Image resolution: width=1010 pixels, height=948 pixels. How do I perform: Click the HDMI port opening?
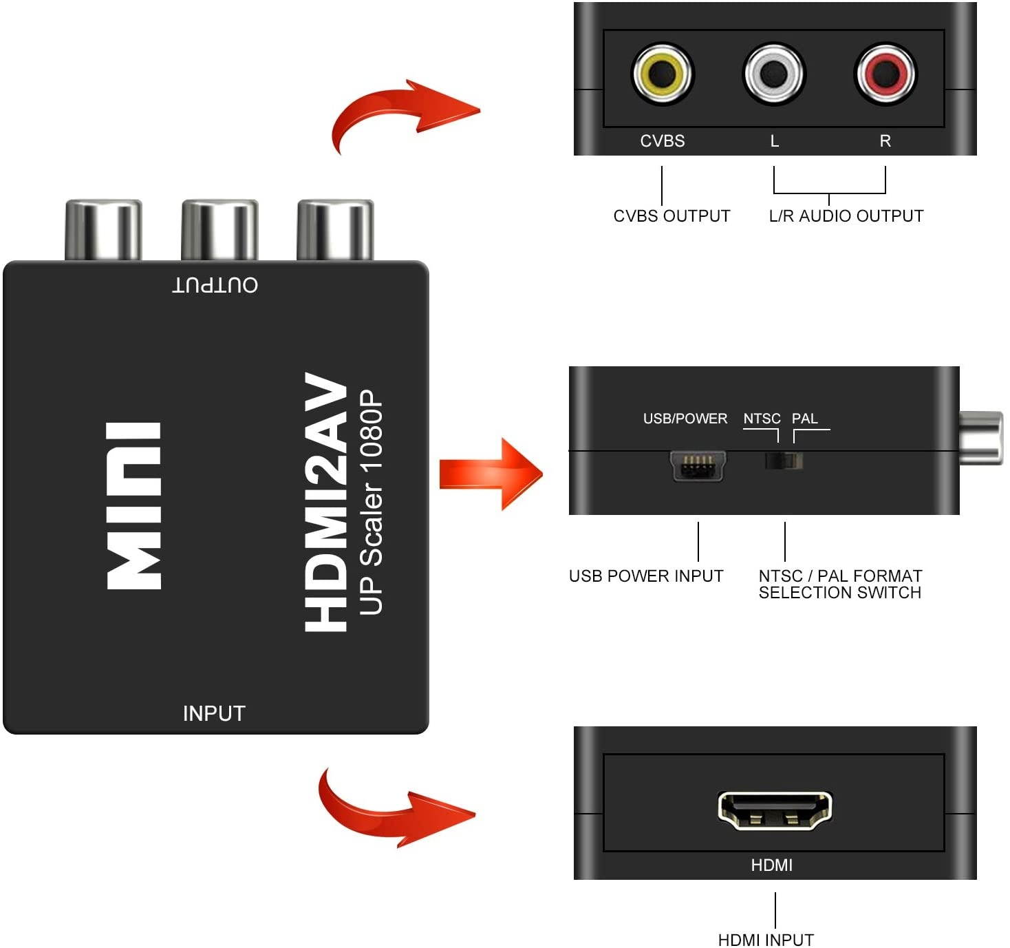click(x=774, y=809)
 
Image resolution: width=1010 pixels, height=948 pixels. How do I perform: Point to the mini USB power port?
click(x=698, y=467)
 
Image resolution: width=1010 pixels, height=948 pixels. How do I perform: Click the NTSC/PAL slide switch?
click(x=784, y=461)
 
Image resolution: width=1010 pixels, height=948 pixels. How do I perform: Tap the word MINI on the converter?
click(x=134, y=506)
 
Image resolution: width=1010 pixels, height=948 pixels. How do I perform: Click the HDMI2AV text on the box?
click(x=326, y=503)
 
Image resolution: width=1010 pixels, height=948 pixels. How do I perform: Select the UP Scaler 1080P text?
click(x=371, y=503)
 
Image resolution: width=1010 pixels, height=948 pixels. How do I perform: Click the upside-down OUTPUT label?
click(x=215, y=285)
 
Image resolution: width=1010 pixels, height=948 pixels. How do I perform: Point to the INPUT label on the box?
click(x=214, y=713)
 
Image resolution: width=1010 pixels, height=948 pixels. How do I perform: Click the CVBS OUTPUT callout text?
click(x=671, y=216)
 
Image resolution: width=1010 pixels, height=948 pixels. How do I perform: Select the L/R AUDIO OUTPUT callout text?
click(x=846, y=216)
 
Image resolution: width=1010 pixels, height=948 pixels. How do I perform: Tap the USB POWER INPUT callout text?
click(x=646, y=576)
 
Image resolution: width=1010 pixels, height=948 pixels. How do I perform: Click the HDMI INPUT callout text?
click(x=766, y=940)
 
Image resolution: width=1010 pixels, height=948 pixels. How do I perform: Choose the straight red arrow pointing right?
click(x=490, y=474)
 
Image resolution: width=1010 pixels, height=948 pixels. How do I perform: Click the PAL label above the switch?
click(x=804, y=419)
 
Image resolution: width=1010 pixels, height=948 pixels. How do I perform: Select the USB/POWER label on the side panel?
click(x=685, y=419)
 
